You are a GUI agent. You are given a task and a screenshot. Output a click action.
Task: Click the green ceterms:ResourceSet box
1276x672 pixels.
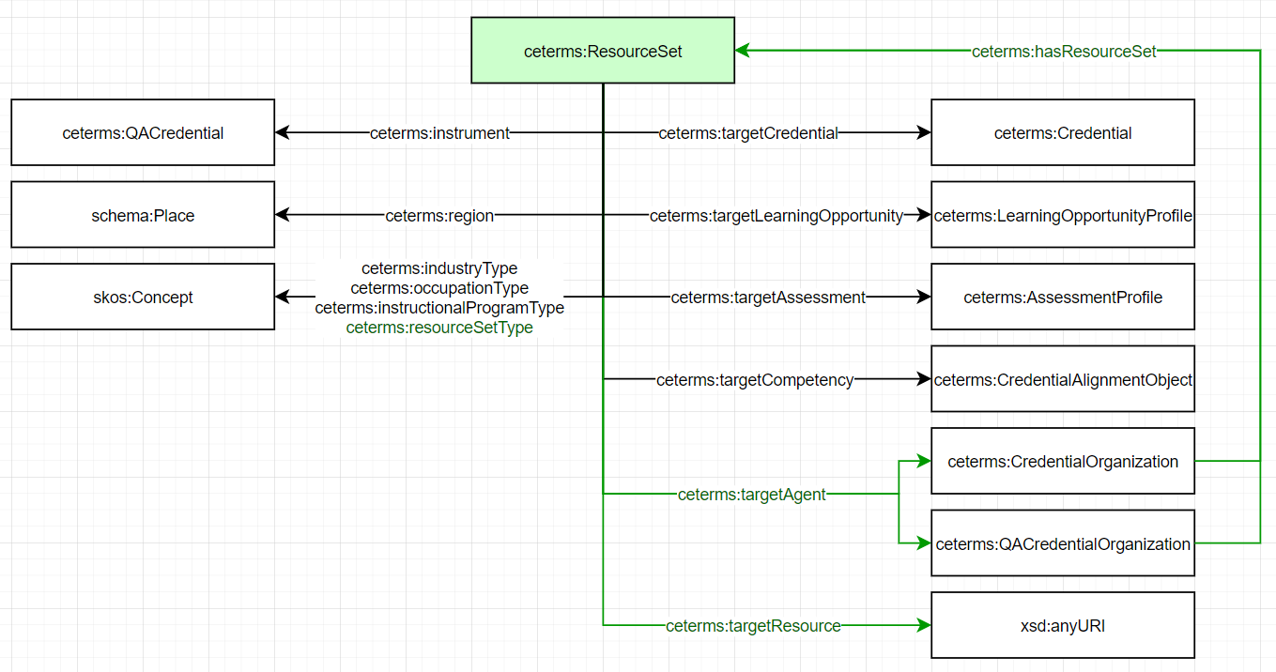coord(603,51)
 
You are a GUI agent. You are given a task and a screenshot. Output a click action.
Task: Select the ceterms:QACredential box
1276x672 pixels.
coord(143,133)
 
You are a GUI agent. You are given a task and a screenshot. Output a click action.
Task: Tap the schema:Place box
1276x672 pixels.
coord(143,215)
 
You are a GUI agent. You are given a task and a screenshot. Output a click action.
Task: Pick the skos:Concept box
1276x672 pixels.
coord(143,298)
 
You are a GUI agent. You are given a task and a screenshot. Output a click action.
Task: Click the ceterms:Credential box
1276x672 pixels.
coord(1062,133)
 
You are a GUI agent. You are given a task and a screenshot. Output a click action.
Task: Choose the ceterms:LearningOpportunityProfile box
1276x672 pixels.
coord(1062,215)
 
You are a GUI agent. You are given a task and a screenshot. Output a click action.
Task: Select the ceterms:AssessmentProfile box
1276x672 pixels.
coord(1062,298)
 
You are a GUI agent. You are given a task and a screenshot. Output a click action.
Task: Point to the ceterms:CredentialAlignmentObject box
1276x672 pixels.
coord(1062,379)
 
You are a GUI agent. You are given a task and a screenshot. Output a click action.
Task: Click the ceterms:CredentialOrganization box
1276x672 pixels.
coord(1062,462)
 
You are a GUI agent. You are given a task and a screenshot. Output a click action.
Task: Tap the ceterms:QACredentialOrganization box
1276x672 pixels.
coord(1062,543)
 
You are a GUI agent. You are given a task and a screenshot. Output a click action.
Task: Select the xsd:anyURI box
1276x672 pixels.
coord(1062,625)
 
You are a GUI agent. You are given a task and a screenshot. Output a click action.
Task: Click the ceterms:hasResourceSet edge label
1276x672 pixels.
coord(1064,52)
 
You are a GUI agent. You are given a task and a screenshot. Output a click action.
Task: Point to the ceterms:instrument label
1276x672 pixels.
coord(439,133)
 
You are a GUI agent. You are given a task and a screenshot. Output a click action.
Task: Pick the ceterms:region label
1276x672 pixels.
coord(439,216)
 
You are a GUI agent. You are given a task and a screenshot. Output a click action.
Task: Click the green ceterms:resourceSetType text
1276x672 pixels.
coord(439,328)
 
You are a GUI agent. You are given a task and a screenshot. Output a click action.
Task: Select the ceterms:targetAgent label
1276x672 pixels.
coord(751,495)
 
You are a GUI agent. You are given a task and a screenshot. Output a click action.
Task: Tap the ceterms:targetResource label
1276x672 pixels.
coord(753,626)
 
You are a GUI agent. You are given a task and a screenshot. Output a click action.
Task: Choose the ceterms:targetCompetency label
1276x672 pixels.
coord(755,380)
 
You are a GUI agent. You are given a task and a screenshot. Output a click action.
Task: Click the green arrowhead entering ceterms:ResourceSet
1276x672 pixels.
coord(743,51)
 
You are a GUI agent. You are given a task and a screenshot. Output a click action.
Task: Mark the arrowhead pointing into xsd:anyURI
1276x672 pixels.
coord(923,625)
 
